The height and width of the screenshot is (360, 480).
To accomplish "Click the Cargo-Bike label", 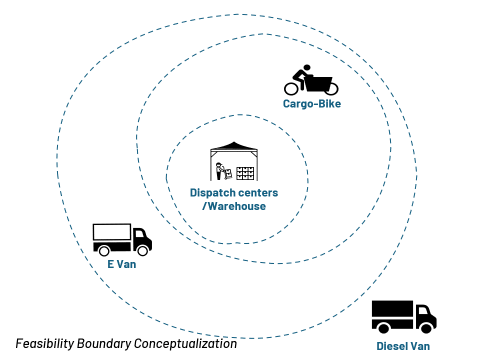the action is point(311,104).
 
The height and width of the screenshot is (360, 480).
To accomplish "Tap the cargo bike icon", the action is point(311,80).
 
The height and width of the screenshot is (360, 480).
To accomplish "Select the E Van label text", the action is point(121,264).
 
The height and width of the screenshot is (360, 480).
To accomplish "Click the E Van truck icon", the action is point(122,239).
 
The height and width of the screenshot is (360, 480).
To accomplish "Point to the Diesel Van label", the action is point(403,346).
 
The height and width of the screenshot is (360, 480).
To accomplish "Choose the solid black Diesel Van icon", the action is point(404,317).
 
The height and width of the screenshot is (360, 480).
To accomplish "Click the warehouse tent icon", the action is point(234,161).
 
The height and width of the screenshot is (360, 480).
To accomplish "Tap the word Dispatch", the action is point(210,193).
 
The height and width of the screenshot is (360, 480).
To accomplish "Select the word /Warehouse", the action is point(234,206).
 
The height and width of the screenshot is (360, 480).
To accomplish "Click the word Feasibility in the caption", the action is point(44,344).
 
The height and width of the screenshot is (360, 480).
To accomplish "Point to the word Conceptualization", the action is point(185,344).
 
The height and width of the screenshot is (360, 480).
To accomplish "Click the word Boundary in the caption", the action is point(104,344).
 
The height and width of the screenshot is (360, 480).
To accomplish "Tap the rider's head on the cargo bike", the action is point(306,67).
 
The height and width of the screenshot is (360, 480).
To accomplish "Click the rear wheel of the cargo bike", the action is point(291,89).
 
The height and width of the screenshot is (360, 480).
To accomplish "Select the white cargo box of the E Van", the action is point(111,231).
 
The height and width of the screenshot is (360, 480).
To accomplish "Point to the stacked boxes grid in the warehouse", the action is point(245,173).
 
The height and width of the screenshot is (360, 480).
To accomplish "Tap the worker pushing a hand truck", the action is point(223,171).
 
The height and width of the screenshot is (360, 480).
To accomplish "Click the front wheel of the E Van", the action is point(142,250).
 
